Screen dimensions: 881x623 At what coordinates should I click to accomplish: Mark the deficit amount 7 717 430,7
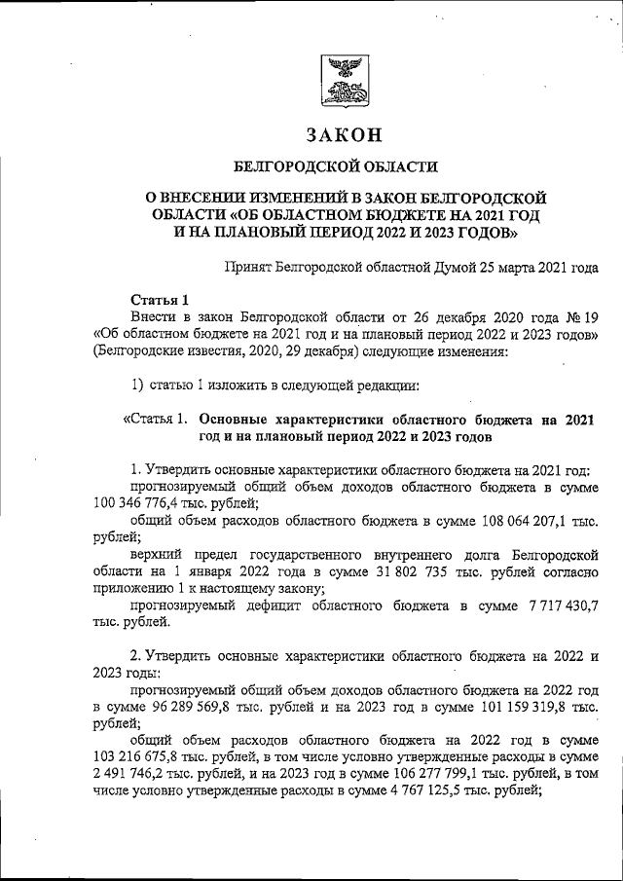(553, 606)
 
